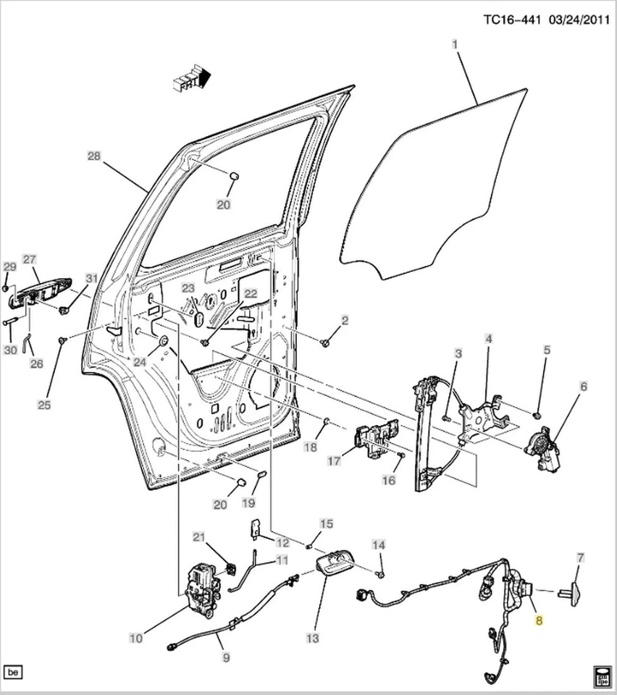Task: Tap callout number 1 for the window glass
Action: pyautogui.click(x=456, y=45)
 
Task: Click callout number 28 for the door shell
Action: pyautogui.click(x=93, y=156)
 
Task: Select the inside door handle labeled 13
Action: pyautogui.click(x=334, y=563)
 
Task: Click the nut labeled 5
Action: pyautogui.click(x=538, y=416)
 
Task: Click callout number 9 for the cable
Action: pyautogui.click(x=226, y=657)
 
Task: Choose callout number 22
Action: pyautogui.click(x=250, y=293)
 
